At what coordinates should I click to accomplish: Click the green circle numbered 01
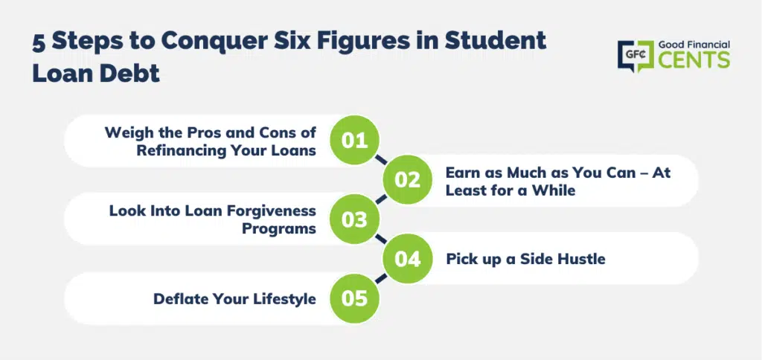pyautogui.click(x=354, y=141)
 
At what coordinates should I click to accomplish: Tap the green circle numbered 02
pyautogui.click(x=407, y=180)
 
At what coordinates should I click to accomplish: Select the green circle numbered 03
pyautogui.click(x=354, y=219)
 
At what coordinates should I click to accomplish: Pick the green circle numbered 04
pyautogui.click(x=407, y=259)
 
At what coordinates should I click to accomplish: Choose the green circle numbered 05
pyautogui.click(x=354, y=298)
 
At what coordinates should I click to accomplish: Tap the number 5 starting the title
pyautogui.click(x=39, y=42)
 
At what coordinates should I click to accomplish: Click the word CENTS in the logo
pyautogui.click(x=694, y=60)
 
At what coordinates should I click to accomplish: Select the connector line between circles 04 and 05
pyautogui.click(x=380, y=278)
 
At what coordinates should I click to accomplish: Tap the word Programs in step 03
pyautogui.click(x=279, y=228)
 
